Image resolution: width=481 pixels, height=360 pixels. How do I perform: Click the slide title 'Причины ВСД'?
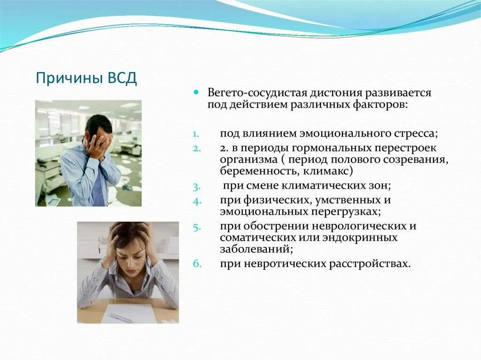click(x=86, y=77)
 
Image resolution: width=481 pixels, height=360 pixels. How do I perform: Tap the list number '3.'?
click(x=196, y=186)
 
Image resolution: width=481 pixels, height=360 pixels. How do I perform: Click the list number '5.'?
click(x=196, y=227)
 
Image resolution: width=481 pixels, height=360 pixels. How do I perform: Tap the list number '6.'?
click(x=196, y=264)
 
